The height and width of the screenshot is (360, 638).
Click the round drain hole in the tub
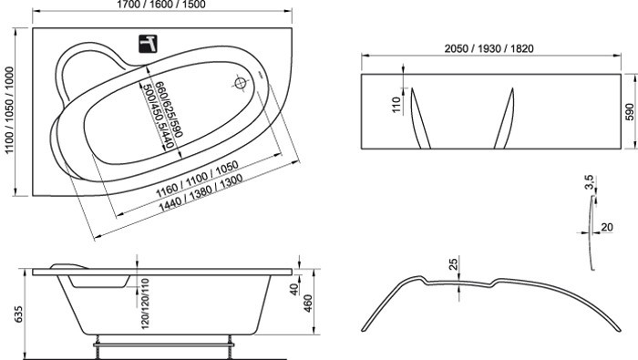tap(242, 85)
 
